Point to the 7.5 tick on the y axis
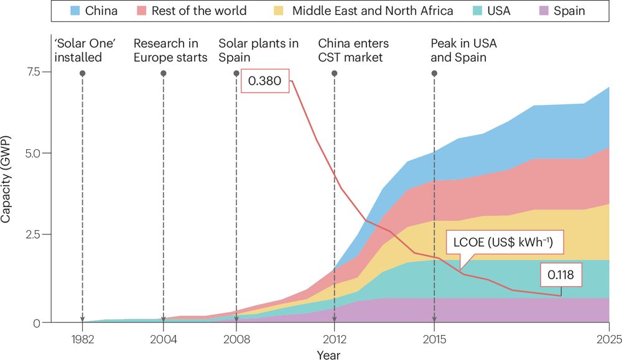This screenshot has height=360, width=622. [x=33, y=72]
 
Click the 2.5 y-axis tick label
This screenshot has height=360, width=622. [x=33, y=234]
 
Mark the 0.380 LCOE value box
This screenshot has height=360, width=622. [x=265, y=81]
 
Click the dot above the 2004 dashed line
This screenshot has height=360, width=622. [x=163, y=73]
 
